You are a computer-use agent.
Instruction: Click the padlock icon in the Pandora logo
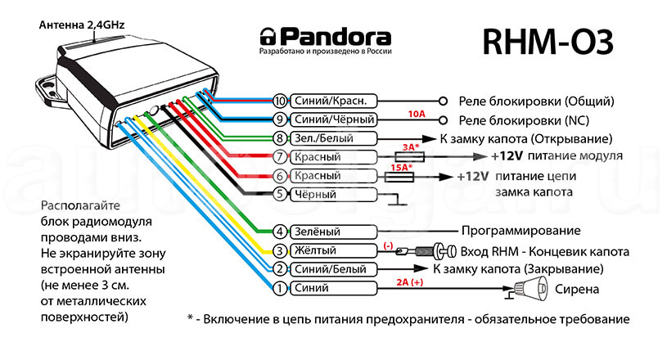pyautogui.click(x=268, y=37)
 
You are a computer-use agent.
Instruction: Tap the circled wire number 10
pyautogui.click(x=280, y=101)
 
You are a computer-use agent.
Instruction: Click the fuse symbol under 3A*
pyautogui.click(x=409, y=156)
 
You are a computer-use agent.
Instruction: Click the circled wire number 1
pyautogui.click(x=280, y=288)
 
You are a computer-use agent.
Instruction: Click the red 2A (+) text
pyautogui.click(x=409, y=281)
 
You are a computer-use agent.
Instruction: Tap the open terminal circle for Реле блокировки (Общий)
pyautogui.click(x=443, y=101)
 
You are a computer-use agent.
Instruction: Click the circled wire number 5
pyautogui.click(x=280, y=194)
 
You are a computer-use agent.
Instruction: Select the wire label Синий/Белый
pyautogui.click(x=326, y=269)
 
